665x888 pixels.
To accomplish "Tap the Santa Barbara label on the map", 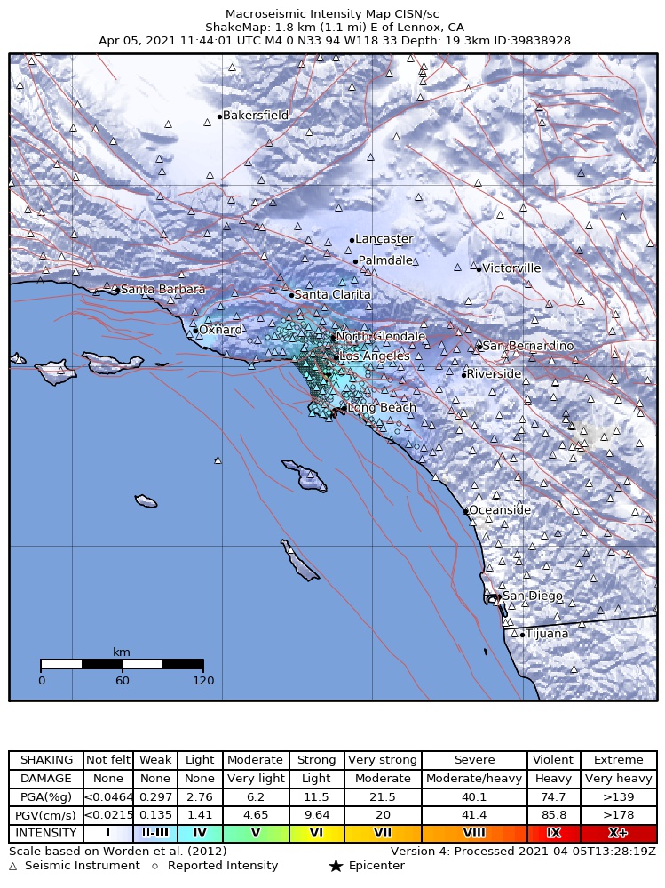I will point(162,290).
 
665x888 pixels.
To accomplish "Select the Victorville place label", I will point(511,268).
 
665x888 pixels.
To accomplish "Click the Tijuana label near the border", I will point(547,634).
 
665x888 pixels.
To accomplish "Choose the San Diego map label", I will point(532,596).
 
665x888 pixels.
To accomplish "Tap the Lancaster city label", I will point(384,239).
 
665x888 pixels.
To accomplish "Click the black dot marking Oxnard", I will point(195,331).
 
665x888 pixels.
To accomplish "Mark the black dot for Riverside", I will point(463,375).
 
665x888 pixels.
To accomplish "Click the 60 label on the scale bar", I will point(122,681).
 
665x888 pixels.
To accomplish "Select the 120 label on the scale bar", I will point(203,681).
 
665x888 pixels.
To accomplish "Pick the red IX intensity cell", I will point(553,833).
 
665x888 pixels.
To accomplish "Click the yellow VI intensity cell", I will point(316,833).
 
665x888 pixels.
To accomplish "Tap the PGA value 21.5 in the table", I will point(382,796).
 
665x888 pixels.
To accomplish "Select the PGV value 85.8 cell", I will point(553,815).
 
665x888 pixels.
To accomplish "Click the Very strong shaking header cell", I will point(382,760).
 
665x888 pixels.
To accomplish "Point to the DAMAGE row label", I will point(46,779).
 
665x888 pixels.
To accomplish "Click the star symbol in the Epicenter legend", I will point(336,866).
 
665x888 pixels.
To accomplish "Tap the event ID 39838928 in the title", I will point(541,41).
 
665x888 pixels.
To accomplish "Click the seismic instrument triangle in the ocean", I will point(218,460).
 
